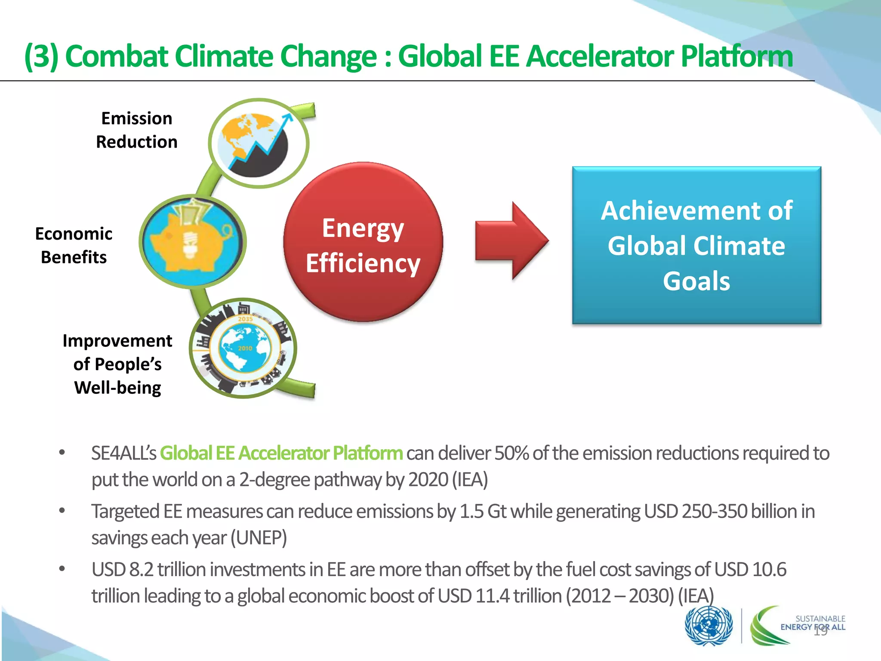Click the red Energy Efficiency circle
363,242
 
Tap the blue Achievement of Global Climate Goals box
696,245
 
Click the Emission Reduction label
136,130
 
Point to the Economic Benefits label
74,245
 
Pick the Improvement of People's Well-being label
117,364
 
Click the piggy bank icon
192,241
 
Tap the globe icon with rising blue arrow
258,143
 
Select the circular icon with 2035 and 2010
243,348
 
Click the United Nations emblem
708,625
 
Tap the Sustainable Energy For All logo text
813,623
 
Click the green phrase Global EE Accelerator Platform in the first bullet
281,453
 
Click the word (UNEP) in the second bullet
259,538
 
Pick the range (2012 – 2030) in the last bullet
619,596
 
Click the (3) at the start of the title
41,57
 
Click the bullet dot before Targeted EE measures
62,511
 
